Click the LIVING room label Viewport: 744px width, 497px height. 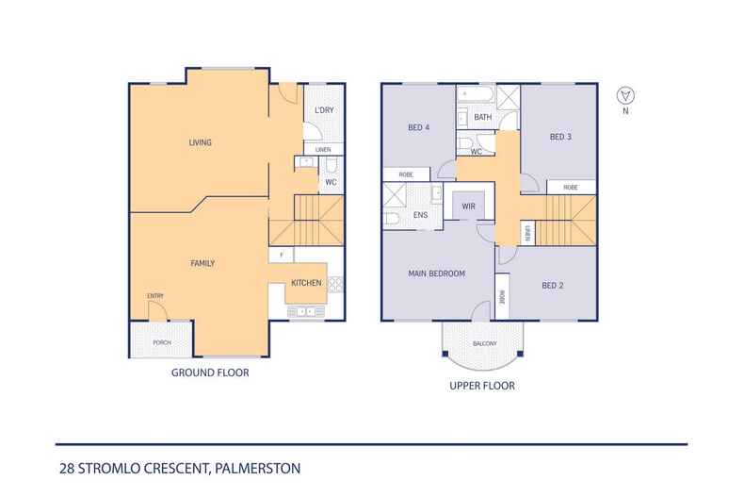[x=200, y=143]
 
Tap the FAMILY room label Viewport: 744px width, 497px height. [x=203, y=263]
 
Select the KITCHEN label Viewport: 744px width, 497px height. [x=306, y=283]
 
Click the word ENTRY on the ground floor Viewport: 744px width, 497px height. [x=155, y=296]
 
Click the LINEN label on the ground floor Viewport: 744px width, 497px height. [x=323, y=149]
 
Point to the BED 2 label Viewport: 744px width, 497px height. [x=553, y=285]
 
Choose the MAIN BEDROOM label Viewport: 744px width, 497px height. [x=436, y=274]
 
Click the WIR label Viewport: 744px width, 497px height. [x=467, y=206]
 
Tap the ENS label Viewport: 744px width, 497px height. [x=420, y=215]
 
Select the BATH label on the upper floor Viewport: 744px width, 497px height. [x=482, y=117]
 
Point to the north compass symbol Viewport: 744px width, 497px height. [x=622, y=95]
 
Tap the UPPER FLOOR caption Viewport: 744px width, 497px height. [x=484, y=386]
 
